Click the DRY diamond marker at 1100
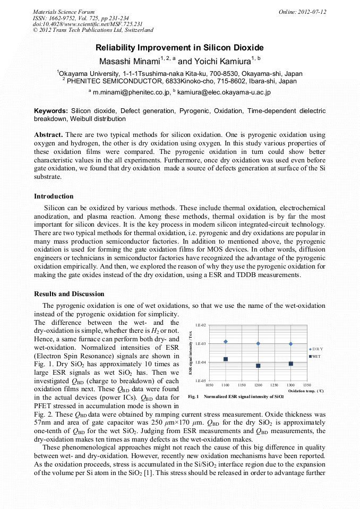[x=226, y=341]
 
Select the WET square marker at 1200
[x=258, y=366]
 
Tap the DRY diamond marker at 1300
[x=291, y=344]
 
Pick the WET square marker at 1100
[x=226, y=359]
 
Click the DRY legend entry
[x=316, y=349]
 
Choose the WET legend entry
[x=316, y=356]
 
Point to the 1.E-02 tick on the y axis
[x=201, y=325]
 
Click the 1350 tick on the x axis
[x=306, y=385]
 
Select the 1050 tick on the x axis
[x=209, y=385]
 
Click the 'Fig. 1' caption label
[x=193, y=397]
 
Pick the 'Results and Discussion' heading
[x=69, y=294]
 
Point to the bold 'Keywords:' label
[x=51, y=111]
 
